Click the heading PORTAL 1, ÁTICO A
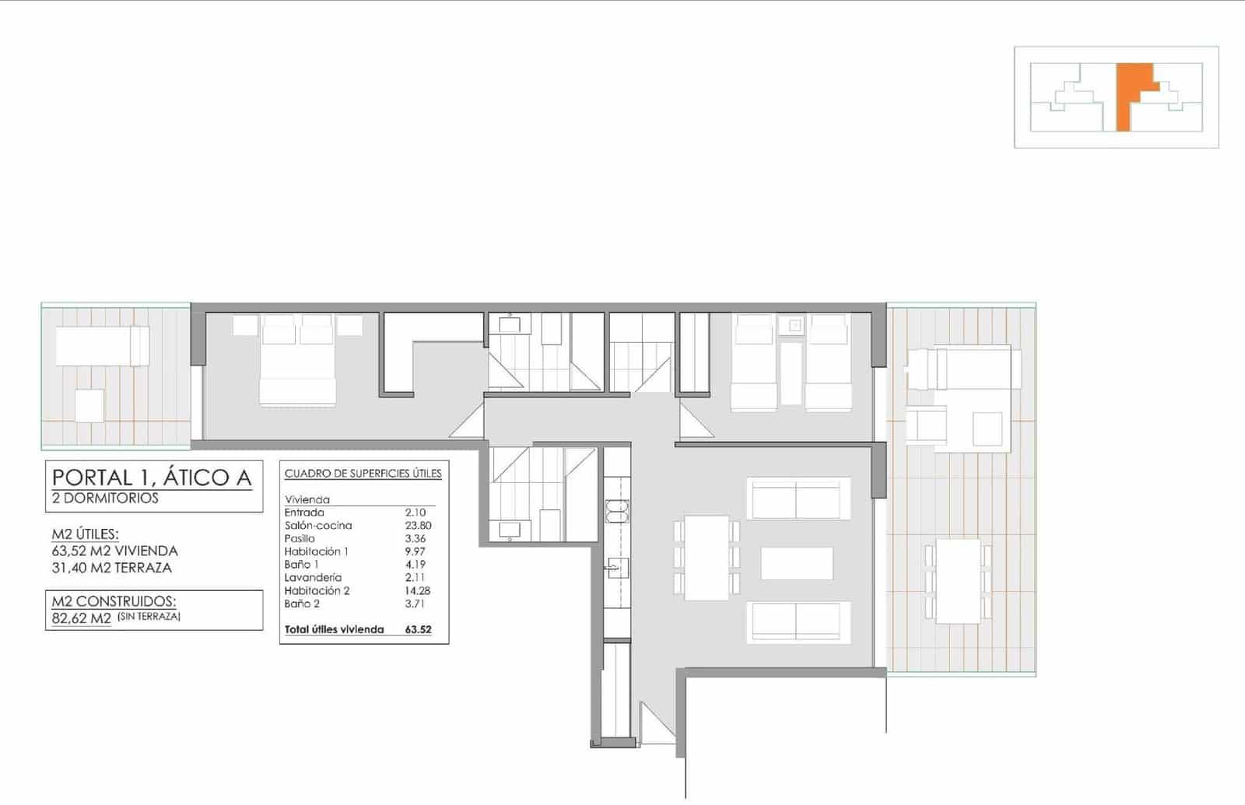pyautogui.click(x=152, y=477)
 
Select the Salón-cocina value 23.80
pyautogui.click(x=418, y=526)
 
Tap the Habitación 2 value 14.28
pyautogui.click(x=418, y=591)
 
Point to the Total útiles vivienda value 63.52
pyautogui.click(x=418, y=630)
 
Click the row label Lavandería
pyautogui.click(x=313, y=578)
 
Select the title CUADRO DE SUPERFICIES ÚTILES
pyautogui.click(x=363, y=474)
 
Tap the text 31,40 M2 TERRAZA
pyautogui.click(x=111, y=568)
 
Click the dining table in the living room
pyautogui.click(x=707, y=557)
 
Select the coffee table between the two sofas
pyautogui.click(x=797, y=563)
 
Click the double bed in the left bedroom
pyautogui.click(x=298, y=362)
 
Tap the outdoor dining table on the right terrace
pyautogui.click(x=958, y=581)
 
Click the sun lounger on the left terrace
pyautogui.click(x=102, y=346)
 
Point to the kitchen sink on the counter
pyautogui.click(x=616, y=568)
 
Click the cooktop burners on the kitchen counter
pyautogui.click(x=616, y=511)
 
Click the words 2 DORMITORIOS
pyautogui.click(x=105, y=499)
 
